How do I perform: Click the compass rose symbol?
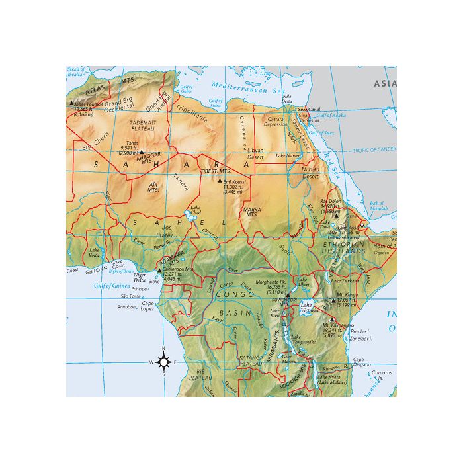coord(164,361)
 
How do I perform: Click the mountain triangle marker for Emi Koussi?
coord(220,179)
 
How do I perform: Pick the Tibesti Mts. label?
coord(214,171)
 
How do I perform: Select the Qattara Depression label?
coord(276,122)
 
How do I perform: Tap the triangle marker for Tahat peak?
coord(141,151)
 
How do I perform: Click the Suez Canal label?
coord(309,109)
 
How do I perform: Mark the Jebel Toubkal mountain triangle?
coord(71,103)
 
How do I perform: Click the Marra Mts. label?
coord(251,212)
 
